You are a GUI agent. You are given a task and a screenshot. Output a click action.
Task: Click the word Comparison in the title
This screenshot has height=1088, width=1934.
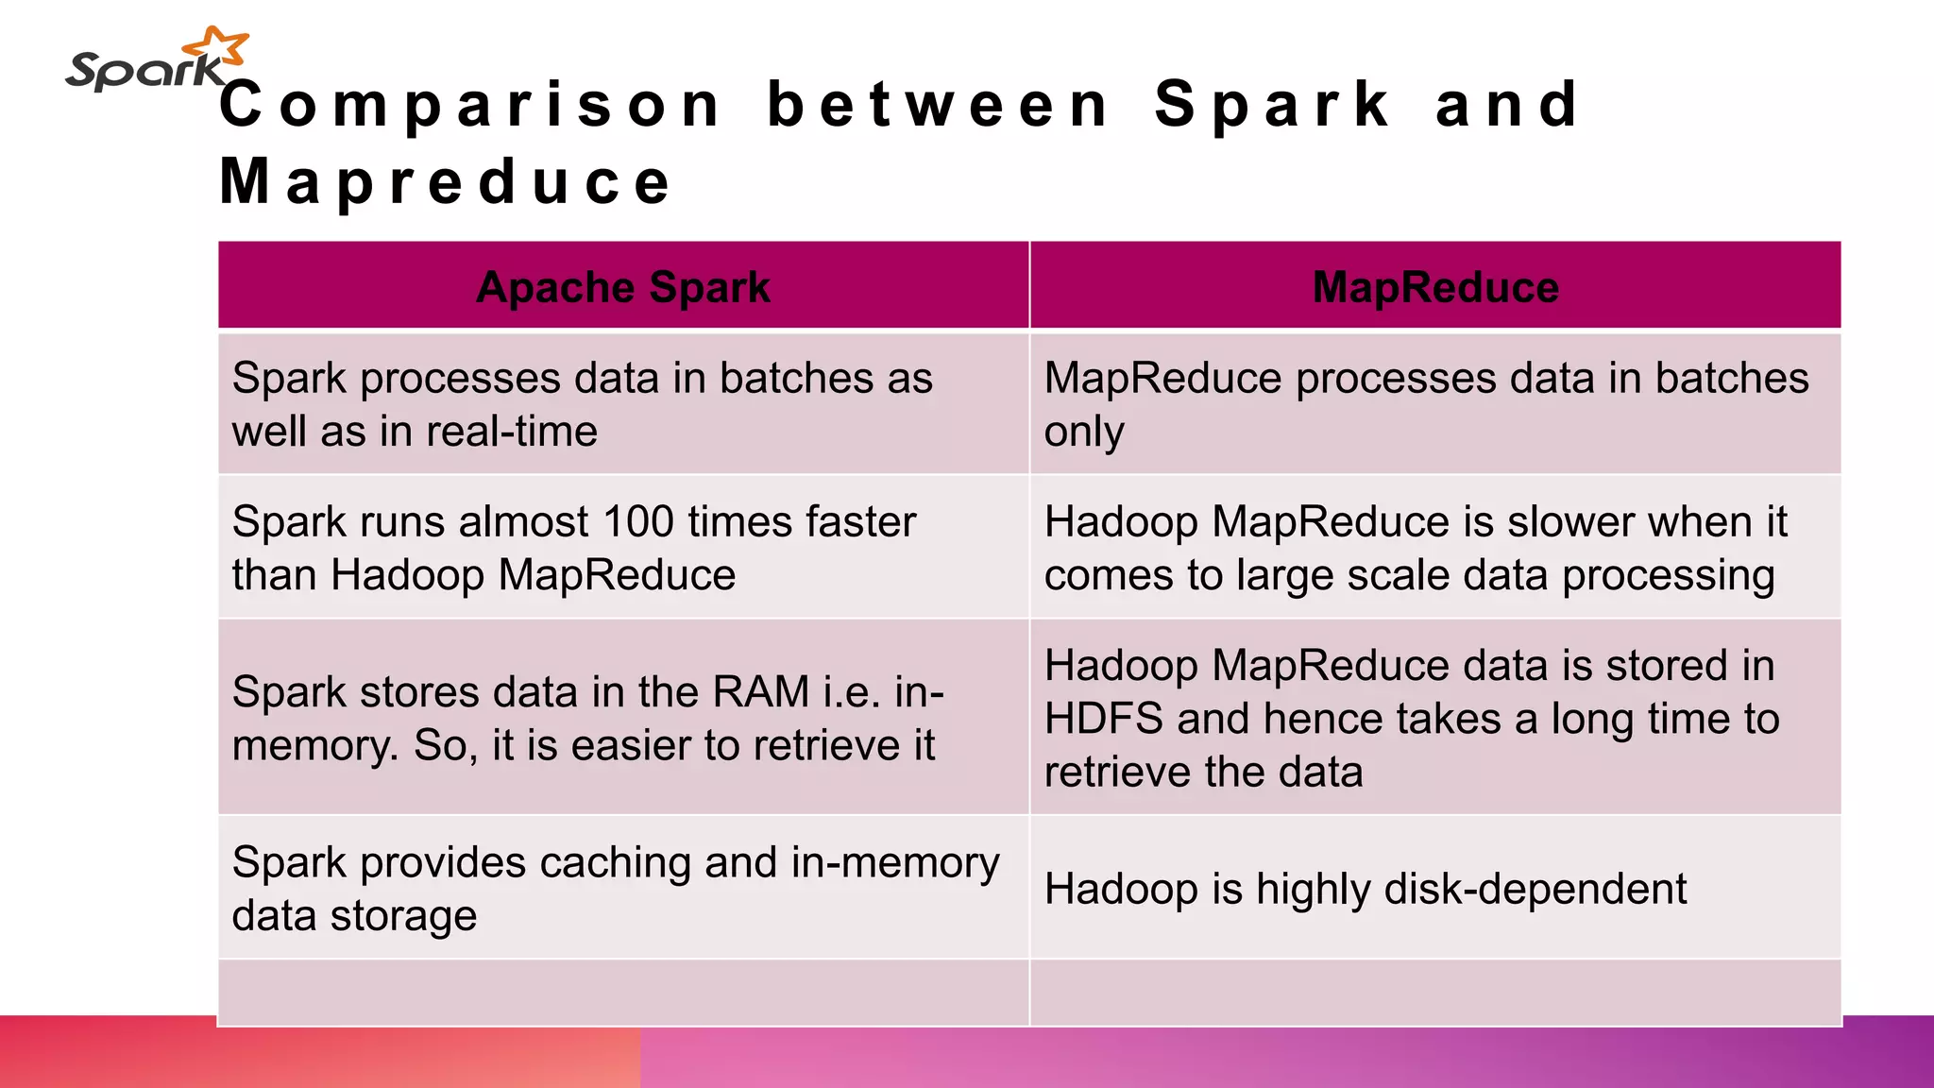click(470, 105)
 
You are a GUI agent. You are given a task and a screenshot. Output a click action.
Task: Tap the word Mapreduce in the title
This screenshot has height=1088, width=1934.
click(446, 181)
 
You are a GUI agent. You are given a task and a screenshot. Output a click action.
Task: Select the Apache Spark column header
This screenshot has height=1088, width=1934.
click(623, 287)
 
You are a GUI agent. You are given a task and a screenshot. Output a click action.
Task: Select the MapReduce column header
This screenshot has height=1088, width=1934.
click(1435, 287)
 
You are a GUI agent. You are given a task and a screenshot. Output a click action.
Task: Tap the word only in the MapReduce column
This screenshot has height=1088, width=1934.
click(1084, 433)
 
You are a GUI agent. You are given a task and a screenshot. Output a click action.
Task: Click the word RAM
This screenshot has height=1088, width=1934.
click(761, 691)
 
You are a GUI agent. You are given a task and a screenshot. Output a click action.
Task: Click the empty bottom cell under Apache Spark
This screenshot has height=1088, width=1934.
click(623, 992)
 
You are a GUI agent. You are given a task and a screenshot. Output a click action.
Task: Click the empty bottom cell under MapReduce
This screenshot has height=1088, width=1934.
click(1435, 992)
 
